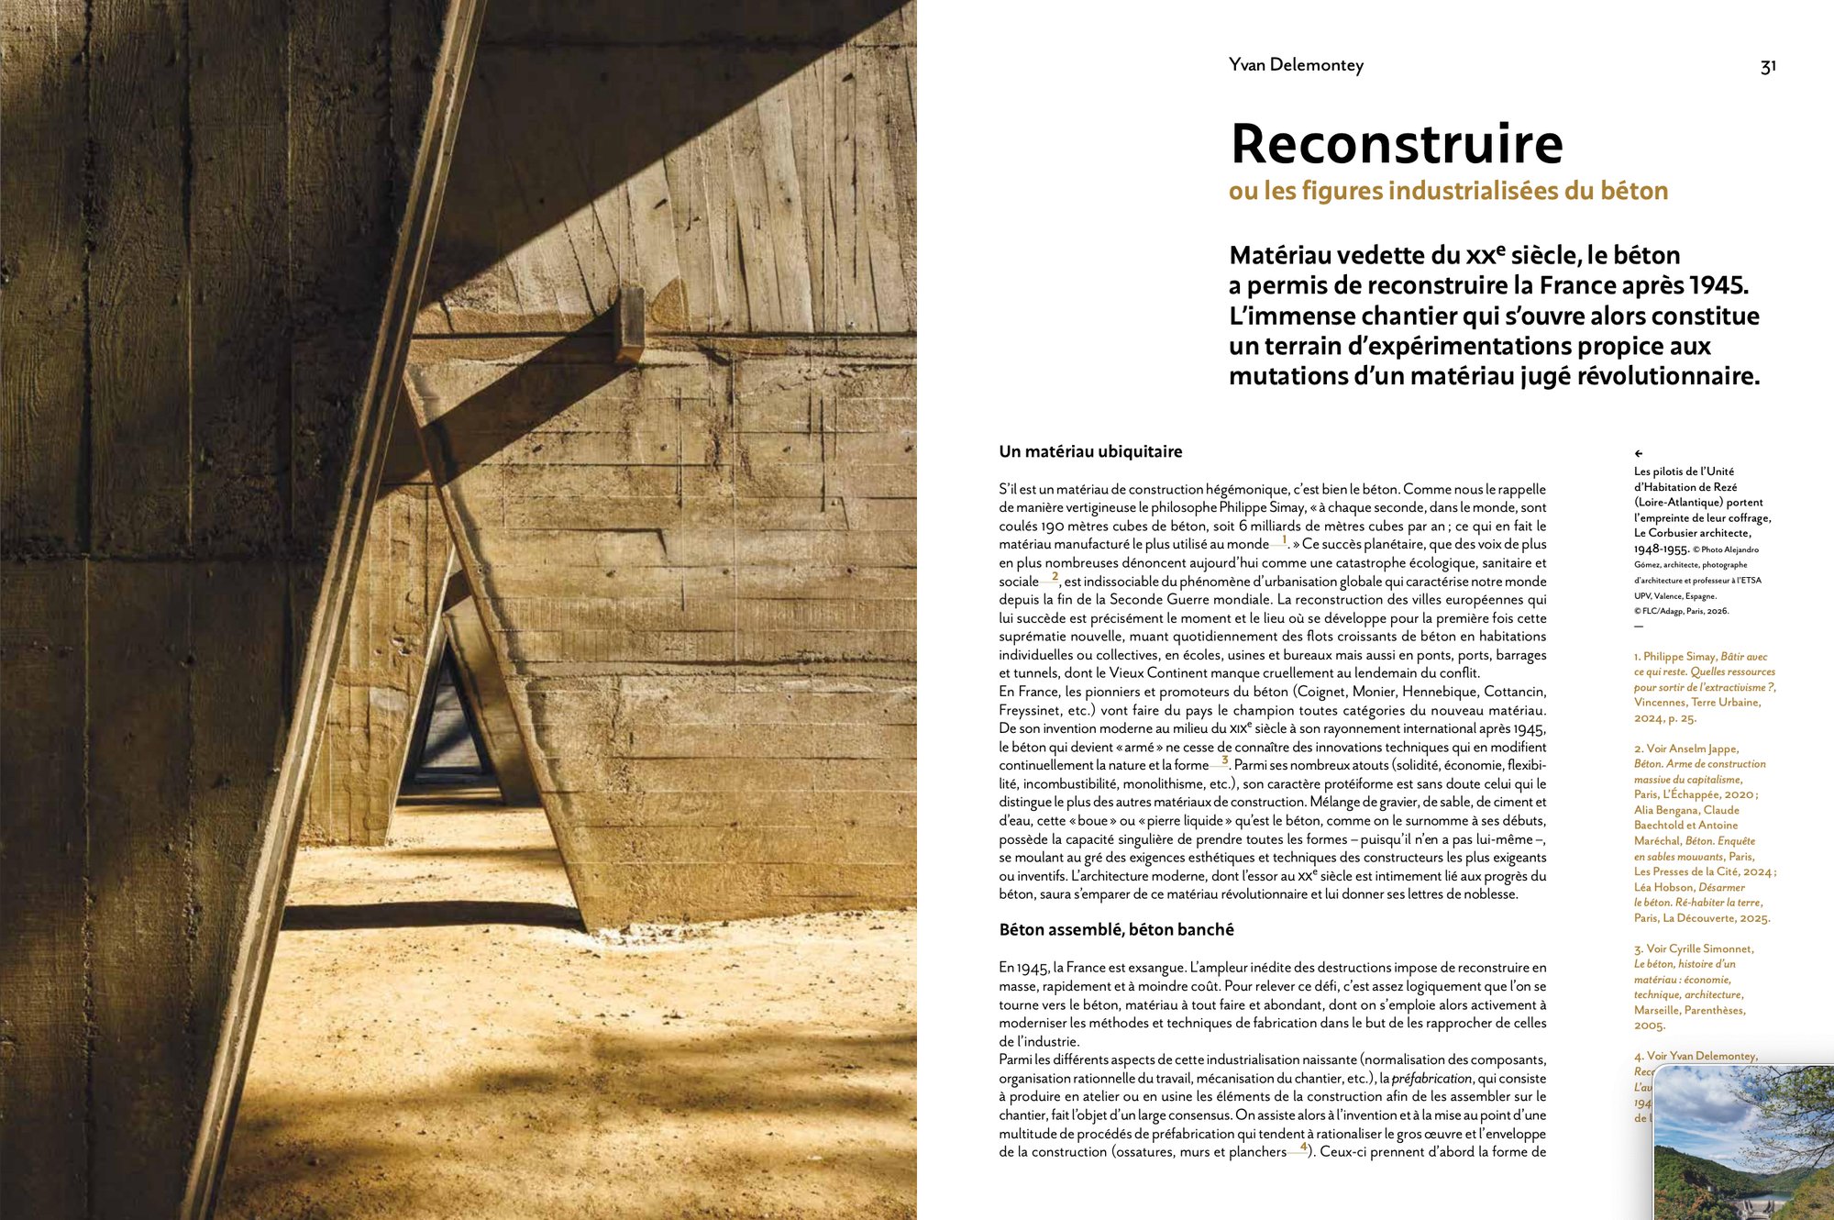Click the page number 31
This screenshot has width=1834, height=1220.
(1768, 66)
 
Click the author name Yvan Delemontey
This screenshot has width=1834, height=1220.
(1296, 65)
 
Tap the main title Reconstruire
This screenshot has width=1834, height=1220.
(1396, 144)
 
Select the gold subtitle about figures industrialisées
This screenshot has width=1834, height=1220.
(1448, 191)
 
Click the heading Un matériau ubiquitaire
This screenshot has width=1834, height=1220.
(1090, 451)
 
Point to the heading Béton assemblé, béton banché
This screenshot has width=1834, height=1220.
(1116, 929)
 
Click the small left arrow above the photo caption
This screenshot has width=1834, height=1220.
(1639, 453)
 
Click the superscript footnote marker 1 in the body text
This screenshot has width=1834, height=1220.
(1284, 540)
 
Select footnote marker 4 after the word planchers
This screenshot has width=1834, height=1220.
(1303, 1148)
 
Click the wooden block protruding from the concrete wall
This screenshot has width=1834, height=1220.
(631, 324)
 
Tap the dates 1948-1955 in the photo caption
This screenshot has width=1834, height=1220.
(1661, 549)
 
